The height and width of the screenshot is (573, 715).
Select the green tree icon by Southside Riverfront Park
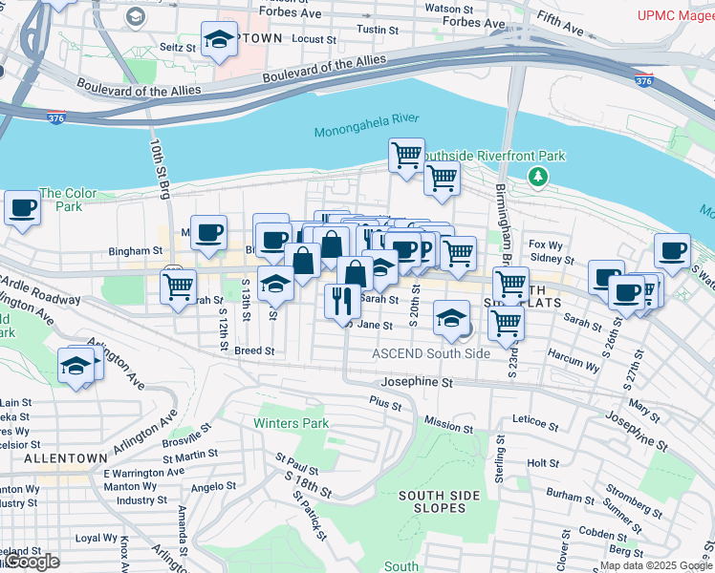tap(539, 176)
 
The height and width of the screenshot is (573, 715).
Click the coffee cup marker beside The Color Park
tap(22, 207)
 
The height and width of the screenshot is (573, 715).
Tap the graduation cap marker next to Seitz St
tap(220, 40)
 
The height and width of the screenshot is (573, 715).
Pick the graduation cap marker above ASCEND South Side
tap(450, 318)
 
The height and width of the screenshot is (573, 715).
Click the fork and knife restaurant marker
tap(341, 301)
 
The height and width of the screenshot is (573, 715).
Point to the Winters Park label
tap(291, 423)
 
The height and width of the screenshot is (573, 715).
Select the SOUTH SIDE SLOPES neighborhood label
tap(432, 501)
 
